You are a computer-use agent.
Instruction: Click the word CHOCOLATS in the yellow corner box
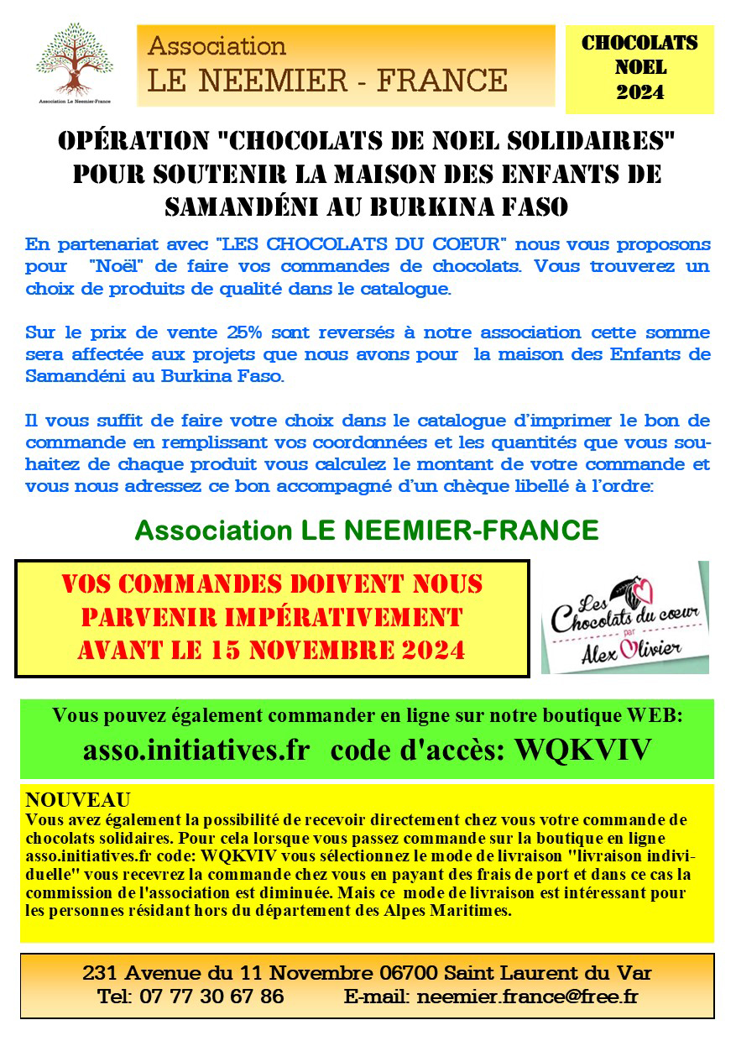[639, 44]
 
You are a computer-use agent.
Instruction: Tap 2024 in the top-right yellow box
[639, 92]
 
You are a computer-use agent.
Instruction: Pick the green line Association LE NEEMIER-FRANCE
[367, 531]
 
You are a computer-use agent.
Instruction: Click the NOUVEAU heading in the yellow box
[78, 799]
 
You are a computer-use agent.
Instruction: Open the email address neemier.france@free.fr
[527, 997]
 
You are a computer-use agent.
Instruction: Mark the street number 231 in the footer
[101, 974]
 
